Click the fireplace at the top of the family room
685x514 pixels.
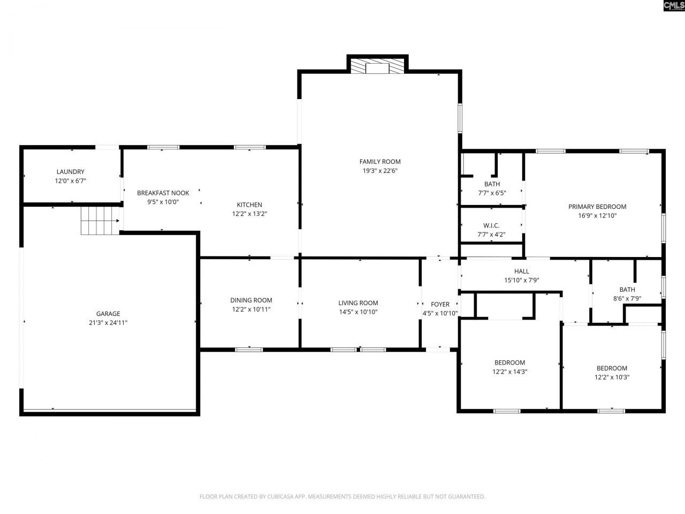(x=378, y=66)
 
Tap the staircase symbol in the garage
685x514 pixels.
(x=100, y=221)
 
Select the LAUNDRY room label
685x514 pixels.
(x=70, y=172)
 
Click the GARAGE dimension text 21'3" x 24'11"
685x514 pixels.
(x=108, y=322)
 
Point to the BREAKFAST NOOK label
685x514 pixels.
(x=163, y=193)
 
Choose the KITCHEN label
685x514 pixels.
(x=249, y=205)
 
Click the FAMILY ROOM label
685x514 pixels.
(x=379, y=162)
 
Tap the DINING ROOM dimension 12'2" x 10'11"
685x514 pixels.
(x=251, y=309)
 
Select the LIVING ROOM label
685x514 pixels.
(x=358, y=303)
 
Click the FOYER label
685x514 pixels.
(x=440, y=305)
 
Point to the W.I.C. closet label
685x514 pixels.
(x=491, y=225)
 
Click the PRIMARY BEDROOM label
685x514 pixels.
(x=597, y=207)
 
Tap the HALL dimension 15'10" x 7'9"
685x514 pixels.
(x=521, y=280)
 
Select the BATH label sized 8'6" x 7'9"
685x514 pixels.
(x=627, y=290)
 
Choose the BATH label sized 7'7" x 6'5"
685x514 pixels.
(x=492, y=184)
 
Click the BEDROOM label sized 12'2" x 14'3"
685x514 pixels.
(x=509, y=362)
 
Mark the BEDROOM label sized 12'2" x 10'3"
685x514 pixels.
(x=612, y=368)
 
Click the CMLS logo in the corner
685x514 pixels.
(x=673, y=6)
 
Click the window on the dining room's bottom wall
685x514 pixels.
(x=249, y=350)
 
